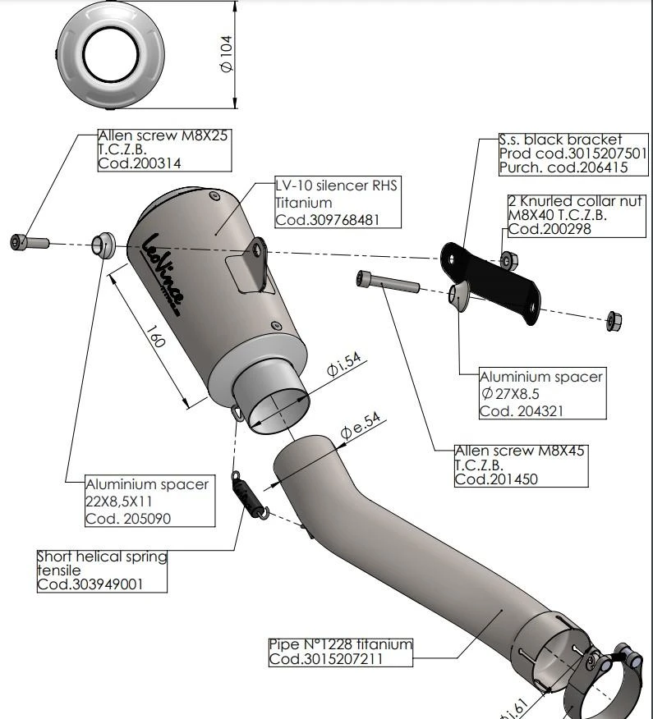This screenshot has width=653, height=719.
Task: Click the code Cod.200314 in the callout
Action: click(140, 163)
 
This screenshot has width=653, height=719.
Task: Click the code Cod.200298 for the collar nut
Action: click(550, 229)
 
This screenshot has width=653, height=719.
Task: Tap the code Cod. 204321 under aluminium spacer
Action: click(522, 410)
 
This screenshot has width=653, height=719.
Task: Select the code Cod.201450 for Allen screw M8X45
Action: click(497, 479)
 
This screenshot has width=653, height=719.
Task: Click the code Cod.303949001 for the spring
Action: click(91, 584)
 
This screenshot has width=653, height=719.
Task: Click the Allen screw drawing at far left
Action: click(29, 242)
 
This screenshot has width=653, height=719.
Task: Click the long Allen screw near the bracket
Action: click(386, 282)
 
